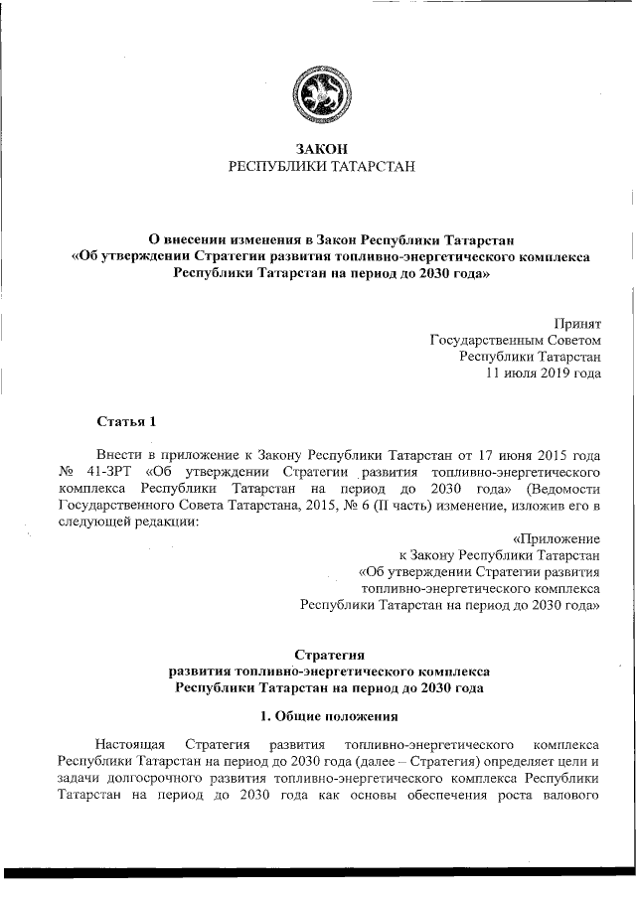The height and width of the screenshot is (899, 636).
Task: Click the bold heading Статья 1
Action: [x=126, y=421]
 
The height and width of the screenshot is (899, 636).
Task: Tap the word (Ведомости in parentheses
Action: [x=566, y=489]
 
